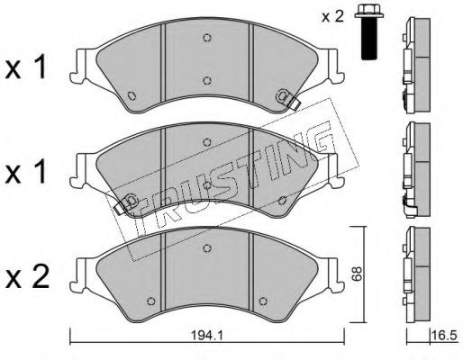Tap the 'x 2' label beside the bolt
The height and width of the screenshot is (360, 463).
pos(332,16)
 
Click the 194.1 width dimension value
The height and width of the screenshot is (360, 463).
pos(207,336)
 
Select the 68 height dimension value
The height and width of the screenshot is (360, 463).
pos(358,274)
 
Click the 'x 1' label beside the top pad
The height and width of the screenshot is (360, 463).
pos(26,67)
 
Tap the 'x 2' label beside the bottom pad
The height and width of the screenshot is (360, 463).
pos(27,277)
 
